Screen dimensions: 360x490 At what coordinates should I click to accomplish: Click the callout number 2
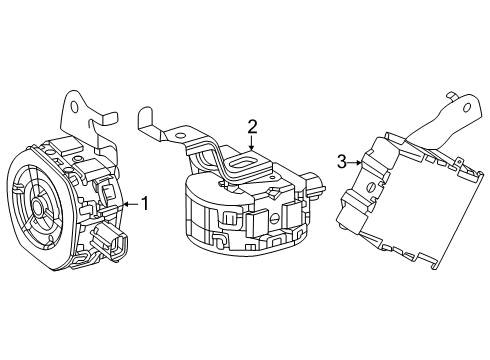[x=253, y=126]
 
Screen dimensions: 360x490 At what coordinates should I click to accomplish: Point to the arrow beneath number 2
[x=253, y=146]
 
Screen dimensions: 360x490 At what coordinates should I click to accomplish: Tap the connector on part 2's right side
[x=318, y=185]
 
